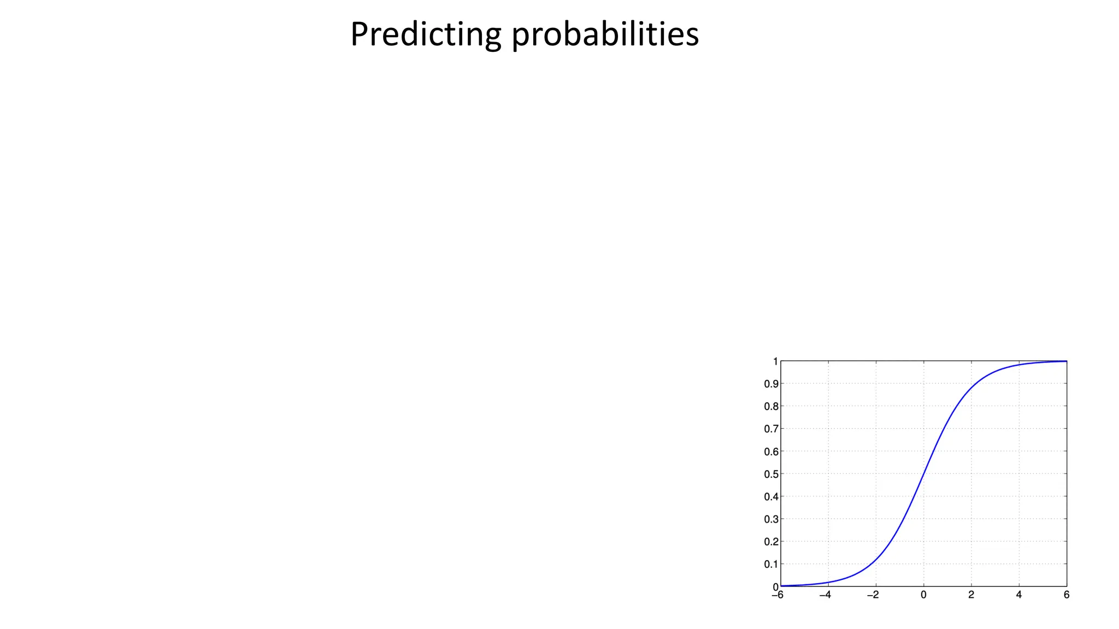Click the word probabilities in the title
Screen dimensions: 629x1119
(x=605, y=34)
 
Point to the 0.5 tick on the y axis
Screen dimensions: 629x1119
(x=771, y=474)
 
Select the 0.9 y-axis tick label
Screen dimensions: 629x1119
(x=771, y=384)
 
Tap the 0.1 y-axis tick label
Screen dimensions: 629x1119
(x=771, y=564)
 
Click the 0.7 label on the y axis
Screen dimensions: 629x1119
(x=771, y=429)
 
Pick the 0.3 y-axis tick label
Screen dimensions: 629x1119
(x=771, y=519)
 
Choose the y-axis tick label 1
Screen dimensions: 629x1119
(x=775, y=361)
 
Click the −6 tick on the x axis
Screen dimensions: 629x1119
(x=778, y=595)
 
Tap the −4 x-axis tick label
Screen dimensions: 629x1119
(x=825, y=595)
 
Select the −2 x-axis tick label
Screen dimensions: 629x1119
(x=873, y=595)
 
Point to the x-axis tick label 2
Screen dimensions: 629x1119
(x=971, y=595)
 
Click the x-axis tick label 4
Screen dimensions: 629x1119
(x=1019, y=595)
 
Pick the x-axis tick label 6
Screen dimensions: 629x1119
(x=1067, y=595)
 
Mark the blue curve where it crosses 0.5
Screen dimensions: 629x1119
(x=923, y=474)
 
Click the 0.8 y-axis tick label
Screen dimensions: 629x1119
(x=771, y=406)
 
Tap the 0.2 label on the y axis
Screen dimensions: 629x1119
(x=771, y=542)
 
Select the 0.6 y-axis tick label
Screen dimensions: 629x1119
(x=771, y=452)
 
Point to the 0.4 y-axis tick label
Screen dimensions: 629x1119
(x=771, y=497)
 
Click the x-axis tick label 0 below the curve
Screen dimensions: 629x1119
(x=923, y=595)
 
